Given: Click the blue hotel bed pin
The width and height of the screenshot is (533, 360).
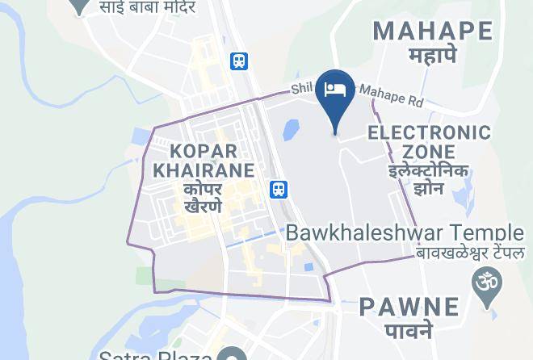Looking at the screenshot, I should coord(335,90).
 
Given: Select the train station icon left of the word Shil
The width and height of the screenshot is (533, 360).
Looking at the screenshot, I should coord(239,61).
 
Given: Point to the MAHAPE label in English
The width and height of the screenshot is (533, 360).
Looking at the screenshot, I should coord(433,31).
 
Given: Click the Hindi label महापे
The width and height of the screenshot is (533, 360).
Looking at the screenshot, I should coord(433,57).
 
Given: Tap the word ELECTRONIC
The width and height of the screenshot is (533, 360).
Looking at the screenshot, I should coord(429,132).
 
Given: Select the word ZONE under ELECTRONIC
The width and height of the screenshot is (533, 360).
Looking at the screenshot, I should coord(429,152).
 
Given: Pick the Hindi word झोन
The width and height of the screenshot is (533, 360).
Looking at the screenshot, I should coord(429,190).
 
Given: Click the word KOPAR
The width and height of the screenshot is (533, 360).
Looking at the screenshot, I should coord(204,151).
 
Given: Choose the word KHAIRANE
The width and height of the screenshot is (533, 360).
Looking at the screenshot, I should coord(204,170).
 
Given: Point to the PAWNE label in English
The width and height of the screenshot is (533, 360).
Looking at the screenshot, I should coord(409,307).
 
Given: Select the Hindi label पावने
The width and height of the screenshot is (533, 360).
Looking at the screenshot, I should coord(409,330).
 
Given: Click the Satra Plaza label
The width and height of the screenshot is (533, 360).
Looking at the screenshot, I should coord(155,354).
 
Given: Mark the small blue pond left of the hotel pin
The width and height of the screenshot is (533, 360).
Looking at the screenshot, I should coord(291,130).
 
